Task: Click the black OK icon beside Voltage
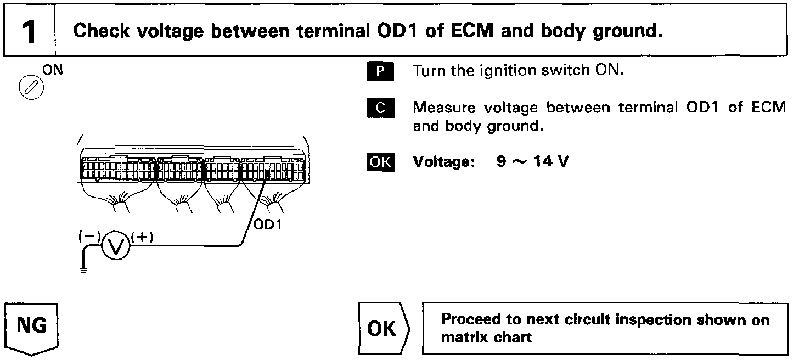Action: point(380,162)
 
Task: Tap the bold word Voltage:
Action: point(443,162)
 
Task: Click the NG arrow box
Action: point(32,327)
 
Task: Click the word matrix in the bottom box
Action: point(463,337)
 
